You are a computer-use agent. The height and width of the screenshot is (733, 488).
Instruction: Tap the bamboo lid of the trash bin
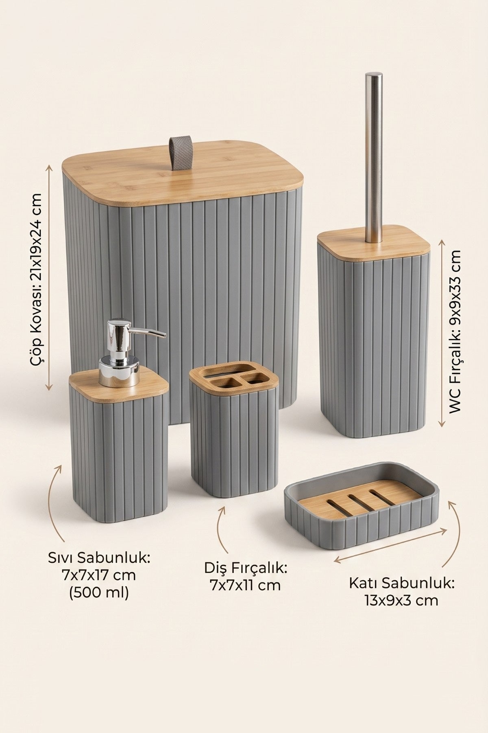click(183, 171)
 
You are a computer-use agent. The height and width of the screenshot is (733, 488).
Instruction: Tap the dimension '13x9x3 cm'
click(401, 600)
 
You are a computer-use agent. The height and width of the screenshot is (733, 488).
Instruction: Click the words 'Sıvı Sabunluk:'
click(99, 557)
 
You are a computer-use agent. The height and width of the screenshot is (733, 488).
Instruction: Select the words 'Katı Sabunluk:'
click(401, 583)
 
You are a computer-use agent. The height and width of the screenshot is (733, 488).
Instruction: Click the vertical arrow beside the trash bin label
click(50, 277)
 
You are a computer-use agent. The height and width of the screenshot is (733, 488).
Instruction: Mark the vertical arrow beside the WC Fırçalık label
click(442, 333)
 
